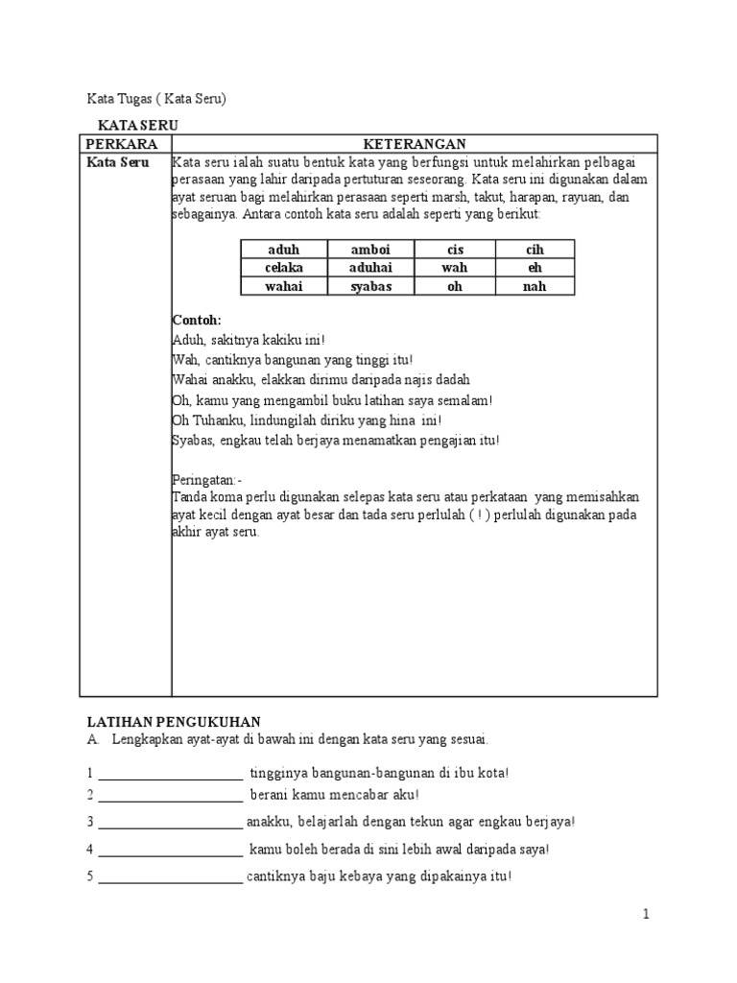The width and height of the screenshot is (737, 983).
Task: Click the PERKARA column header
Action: click(121, 143)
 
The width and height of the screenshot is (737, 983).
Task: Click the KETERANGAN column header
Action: click(414, 143)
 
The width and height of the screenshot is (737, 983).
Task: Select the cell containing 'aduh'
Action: click(284, 250)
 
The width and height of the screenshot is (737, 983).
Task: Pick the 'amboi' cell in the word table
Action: click(371, 250)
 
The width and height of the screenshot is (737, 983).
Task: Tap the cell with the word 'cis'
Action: click(455, 250)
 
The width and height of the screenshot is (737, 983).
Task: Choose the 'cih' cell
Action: click(535, 250)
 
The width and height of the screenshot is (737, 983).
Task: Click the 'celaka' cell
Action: click(284, 268)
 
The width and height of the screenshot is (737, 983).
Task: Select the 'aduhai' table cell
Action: click(371, 268)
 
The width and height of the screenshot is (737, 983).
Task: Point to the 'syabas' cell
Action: click(371, 286)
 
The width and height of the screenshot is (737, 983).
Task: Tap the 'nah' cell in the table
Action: click(535, 286)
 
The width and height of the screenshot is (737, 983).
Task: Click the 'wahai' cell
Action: click(284, 286)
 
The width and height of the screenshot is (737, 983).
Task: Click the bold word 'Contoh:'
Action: click(197, 320)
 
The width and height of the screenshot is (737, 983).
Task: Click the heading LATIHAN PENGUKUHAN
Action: click(174, 721)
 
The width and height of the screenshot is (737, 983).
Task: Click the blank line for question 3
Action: click(170, 824)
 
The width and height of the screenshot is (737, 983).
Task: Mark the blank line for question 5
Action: click(170, 878)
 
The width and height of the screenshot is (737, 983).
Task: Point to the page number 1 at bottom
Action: click(646, 915)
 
